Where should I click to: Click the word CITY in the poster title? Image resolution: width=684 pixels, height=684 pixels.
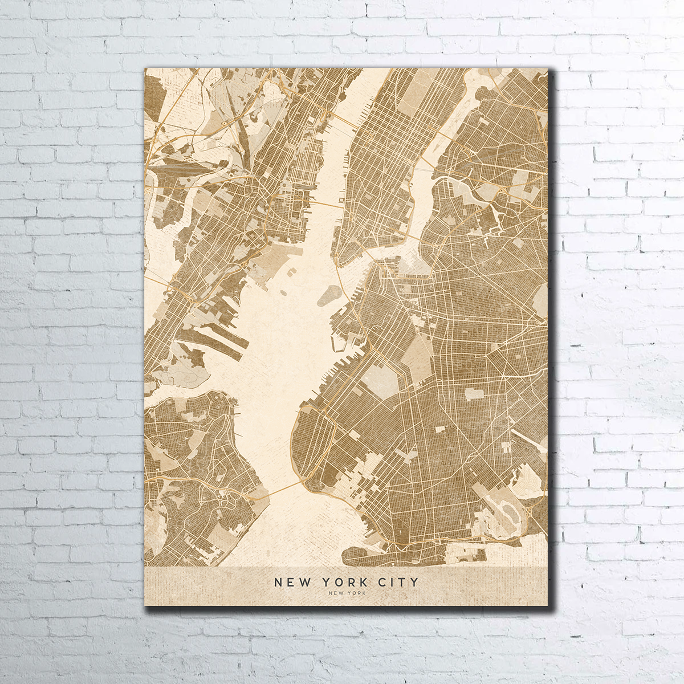[398, 582]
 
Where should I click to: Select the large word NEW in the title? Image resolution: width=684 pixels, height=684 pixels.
[293, 582]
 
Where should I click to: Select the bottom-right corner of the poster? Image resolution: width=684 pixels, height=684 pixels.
[547, 605]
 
